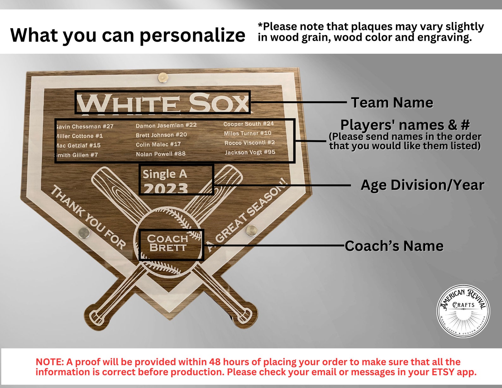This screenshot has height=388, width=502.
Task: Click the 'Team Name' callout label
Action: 392,103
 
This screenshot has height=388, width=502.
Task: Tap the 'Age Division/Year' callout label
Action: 422,185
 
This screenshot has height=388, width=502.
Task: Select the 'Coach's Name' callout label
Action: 394,246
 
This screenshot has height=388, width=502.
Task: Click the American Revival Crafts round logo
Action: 463,311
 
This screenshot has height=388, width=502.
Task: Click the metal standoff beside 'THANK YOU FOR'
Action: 84,233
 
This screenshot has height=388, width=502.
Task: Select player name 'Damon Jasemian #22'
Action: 166,126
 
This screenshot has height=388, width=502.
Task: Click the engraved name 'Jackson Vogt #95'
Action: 250,152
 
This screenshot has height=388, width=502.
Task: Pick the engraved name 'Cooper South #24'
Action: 248,124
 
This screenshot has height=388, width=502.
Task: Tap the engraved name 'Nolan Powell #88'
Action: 161,154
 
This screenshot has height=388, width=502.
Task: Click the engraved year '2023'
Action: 166,189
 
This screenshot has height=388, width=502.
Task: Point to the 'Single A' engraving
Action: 165,174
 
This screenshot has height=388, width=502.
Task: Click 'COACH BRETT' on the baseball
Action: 168,243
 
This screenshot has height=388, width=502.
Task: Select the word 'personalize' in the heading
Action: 192,35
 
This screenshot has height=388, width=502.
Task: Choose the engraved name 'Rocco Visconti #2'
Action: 249,143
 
